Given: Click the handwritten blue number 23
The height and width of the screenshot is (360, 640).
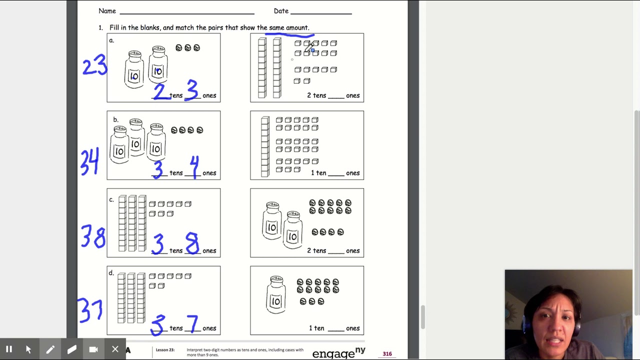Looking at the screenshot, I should (94, 65).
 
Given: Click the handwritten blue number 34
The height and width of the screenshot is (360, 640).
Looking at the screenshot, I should (89, 161).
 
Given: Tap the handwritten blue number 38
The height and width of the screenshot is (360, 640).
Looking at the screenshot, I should (93, 237).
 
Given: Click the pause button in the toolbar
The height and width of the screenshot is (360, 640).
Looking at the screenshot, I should (9, 349).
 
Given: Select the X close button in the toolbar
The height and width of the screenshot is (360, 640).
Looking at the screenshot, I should (115, 349).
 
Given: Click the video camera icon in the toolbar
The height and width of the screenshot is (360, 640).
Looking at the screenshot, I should (93, 349).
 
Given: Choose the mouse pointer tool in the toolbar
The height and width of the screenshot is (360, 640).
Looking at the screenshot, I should (28, 349).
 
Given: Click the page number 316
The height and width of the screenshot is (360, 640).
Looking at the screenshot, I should (387, 354).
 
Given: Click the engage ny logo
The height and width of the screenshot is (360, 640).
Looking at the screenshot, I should (338, 353).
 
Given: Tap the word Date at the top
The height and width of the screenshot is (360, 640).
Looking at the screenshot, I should (281, 11).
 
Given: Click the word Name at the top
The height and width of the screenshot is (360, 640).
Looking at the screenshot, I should (107, 11).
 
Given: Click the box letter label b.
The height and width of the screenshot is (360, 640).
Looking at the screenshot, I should (115, 119).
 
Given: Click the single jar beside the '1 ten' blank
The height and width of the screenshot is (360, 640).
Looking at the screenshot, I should (275, 294).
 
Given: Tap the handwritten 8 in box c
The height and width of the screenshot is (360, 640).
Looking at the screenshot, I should (192, 243).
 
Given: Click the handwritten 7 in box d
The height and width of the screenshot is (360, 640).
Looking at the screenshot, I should (192, 323).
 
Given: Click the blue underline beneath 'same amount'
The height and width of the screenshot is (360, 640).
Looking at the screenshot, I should (289, 35).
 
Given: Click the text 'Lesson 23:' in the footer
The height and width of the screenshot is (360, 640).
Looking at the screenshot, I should (165, 350).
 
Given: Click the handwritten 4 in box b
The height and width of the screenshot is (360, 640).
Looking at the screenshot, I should (194, 166).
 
